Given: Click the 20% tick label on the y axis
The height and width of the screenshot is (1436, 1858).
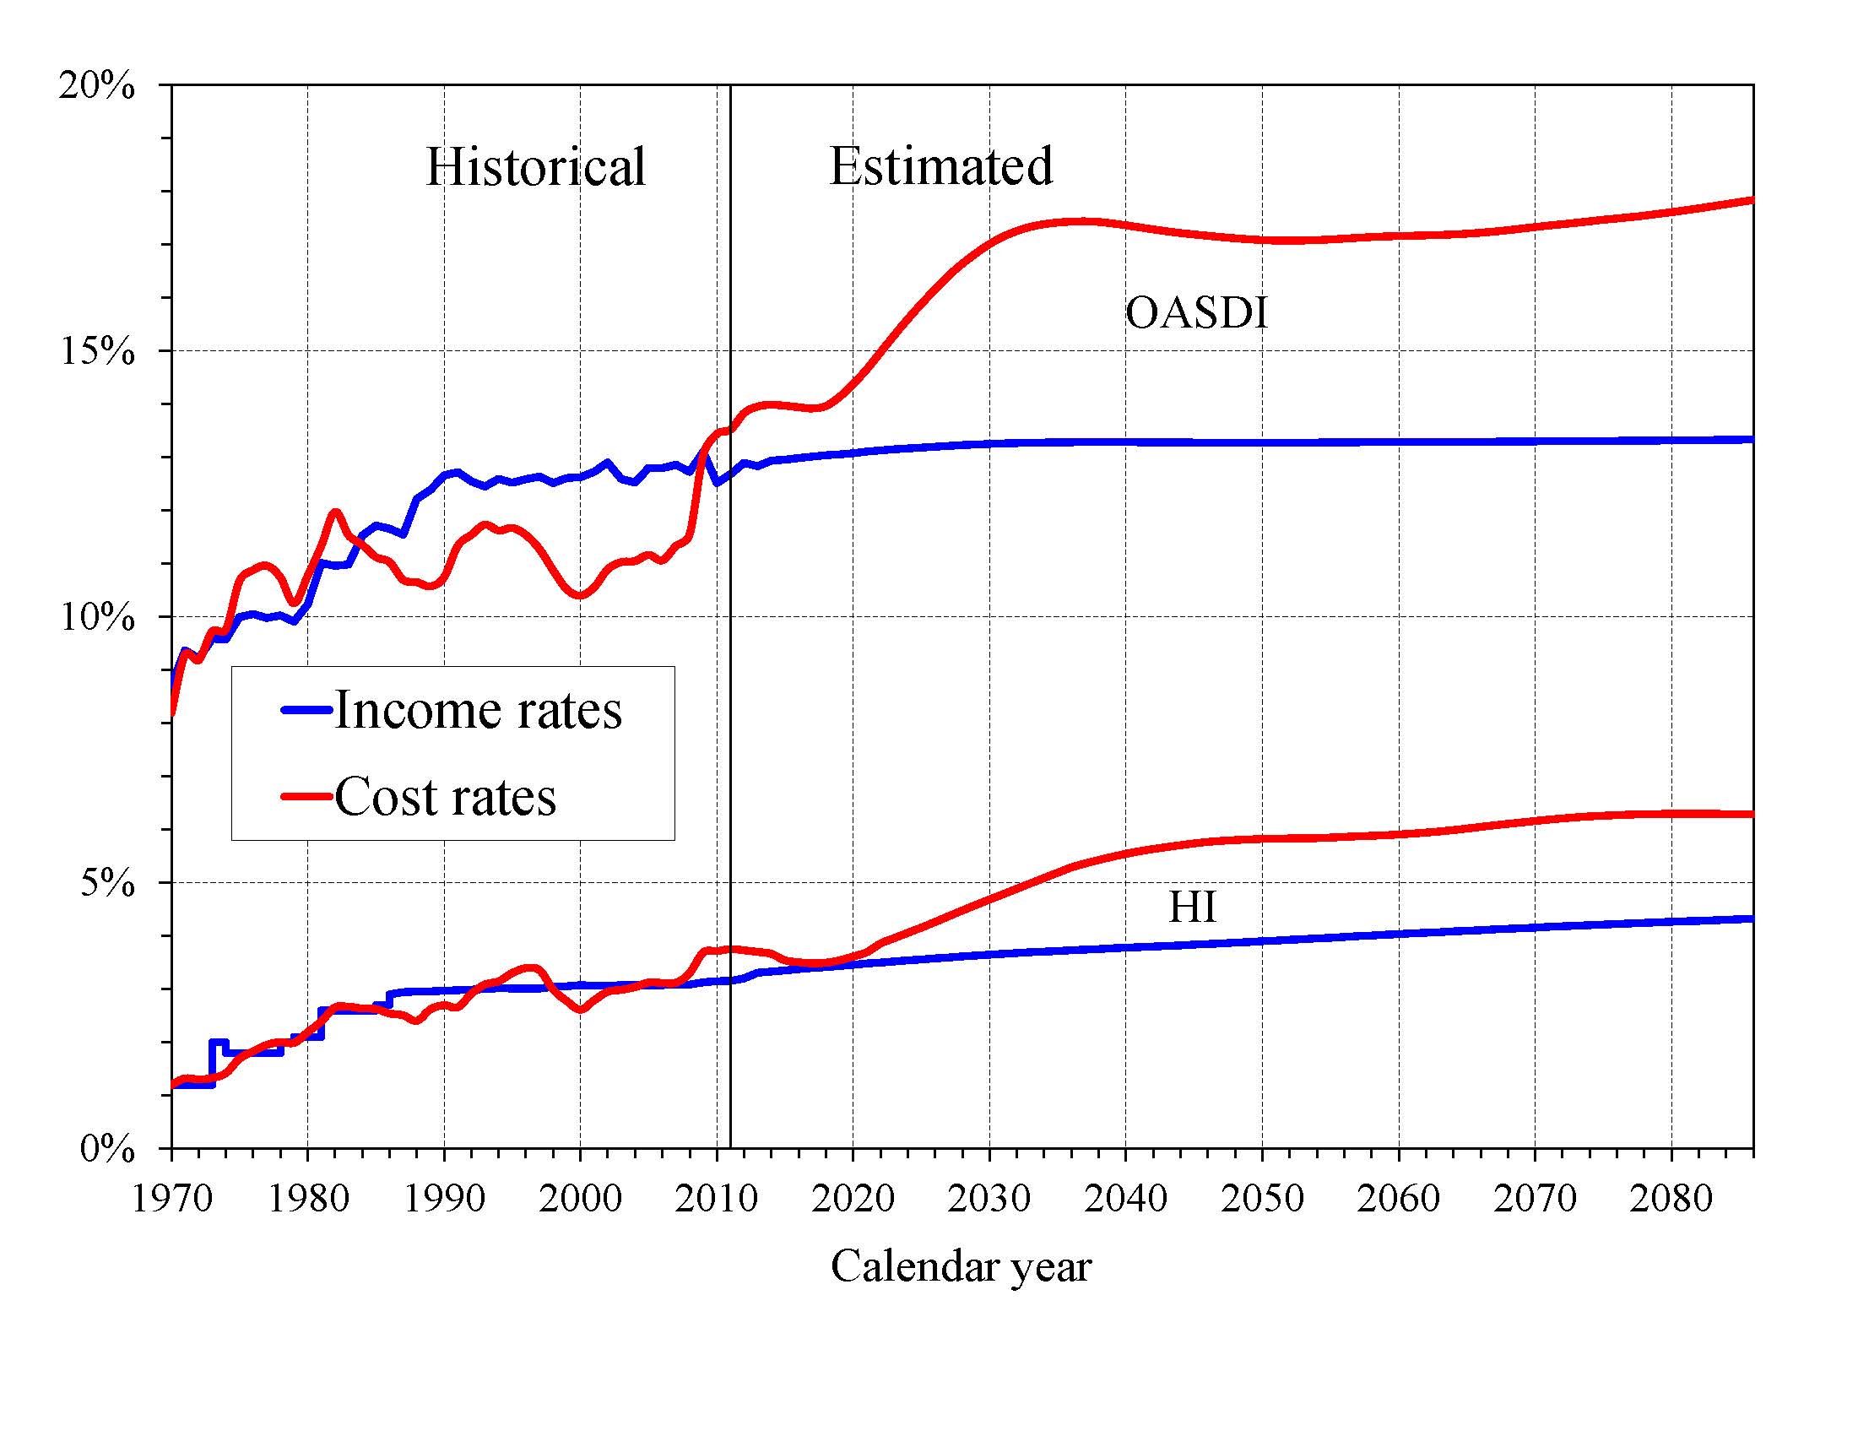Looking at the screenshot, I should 96,86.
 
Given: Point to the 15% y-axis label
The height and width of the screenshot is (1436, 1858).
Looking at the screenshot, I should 96,351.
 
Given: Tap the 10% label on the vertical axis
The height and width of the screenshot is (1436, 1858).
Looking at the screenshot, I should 96,618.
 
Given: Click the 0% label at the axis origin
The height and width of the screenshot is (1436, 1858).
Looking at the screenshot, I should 107,1149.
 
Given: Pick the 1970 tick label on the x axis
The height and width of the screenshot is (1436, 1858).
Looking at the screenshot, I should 172,1199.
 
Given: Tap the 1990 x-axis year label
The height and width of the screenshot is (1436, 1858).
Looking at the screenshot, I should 444,1199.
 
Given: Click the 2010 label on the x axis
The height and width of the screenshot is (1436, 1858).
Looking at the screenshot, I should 717,1199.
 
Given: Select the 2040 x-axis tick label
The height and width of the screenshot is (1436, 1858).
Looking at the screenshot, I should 1125,1199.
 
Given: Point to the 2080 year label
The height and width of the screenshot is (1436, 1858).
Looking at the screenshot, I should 1671,1199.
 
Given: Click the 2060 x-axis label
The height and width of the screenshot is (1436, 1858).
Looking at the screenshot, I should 1399,1199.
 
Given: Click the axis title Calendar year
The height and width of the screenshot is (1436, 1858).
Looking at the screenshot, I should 961,1265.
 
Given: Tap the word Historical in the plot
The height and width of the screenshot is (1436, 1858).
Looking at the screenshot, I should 535,167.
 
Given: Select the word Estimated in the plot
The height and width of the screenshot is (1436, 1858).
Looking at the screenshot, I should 941,166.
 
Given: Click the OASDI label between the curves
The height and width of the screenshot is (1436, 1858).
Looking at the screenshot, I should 1196,313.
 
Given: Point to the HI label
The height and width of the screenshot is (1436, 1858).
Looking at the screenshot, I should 1192,907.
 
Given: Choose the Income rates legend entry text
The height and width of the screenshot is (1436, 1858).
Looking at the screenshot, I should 477,709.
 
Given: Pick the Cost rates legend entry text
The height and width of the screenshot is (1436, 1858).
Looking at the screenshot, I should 445,797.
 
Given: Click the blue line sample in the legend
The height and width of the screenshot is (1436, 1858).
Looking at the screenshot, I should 306,709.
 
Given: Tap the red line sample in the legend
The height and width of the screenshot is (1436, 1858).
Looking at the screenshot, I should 306,797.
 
